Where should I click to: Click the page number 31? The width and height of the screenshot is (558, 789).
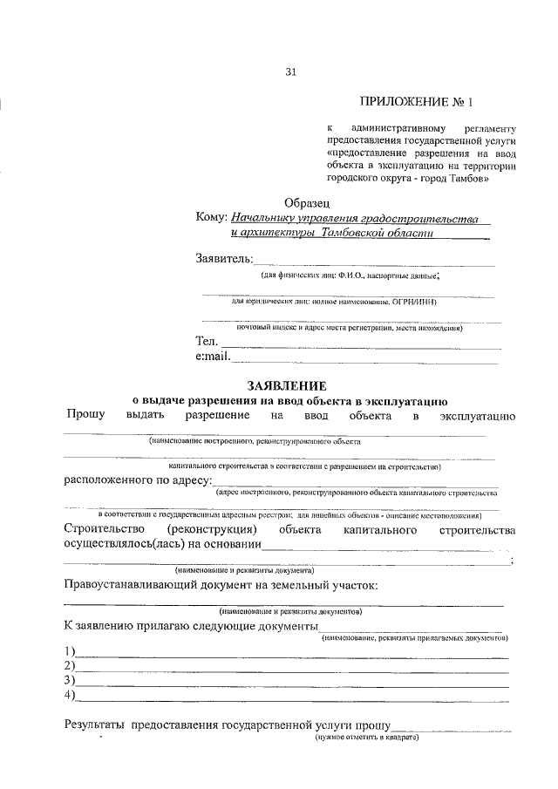point(290,72)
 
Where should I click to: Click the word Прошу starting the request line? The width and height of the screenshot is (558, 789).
point(84,415)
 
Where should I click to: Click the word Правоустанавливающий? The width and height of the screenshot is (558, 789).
point(139,584)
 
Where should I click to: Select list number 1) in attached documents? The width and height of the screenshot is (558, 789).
point(70,651)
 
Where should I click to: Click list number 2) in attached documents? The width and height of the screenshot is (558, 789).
point(70,665)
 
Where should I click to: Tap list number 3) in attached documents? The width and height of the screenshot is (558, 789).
point(70,680)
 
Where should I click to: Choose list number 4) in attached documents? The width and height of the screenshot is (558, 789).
point(70,695)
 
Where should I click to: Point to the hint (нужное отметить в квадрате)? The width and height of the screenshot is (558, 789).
point(367,738)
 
